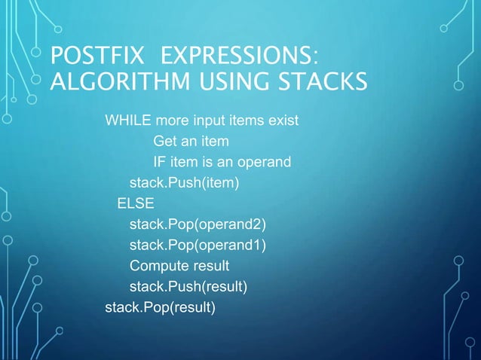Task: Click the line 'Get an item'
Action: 191,142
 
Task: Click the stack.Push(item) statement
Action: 184,183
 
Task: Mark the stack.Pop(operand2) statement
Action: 198,224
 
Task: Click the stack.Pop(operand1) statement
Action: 198,245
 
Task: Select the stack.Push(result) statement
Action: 188,286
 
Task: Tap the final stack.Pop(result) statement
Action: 160,307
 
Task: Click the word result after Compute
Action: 211,266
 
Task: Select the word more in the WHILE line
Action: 172,121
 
